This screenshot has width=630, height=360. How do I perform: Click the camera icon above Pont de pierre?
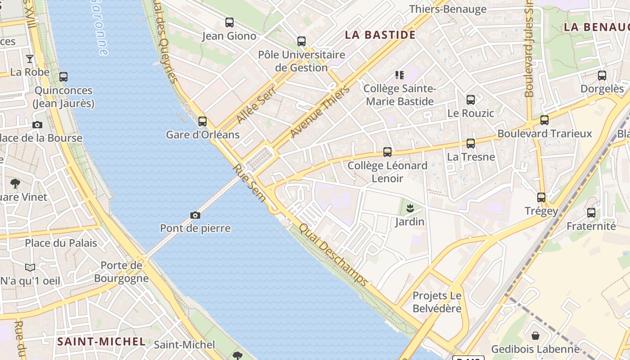click(195, 216)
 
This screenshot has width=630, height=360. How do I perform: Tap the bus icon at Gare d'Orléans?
click(202, 121)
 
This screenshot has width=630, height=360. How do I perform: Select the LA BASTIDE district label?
click(380, 35)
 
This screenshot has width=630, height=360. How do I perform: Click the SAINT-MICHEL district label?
click(101, 342)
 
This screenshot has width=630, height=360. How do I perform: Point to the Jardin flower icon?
click(410, 208)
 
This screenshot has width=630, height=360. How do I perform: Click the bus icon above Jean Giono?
click(229, 22)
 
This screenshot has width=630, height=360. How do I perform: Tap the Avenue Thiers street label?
click(320, 112)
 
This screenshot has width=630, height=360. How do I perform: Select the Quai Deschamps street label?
click(333, 255)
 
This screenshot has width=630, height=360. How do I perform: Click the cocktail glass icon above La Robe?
click(30, 58)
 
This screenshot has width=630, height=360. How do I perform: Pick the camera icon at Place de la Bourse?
click(37, 125)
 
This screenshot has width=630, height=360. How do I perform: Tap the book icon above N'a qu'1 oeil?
click(30, 268)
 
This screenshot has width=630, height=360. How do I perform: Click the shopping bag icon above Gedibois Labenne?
click(535, 336)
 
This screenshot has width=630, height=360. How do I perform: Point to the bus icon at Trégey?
click(541, 197)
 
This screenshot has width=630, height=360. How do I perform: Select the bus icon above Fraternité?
click(591, 213)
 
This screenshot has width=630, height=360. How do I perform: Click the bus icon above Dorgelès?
click(602, 76)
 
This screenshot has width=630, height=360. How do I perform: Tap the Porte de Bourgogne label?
click(121, 272)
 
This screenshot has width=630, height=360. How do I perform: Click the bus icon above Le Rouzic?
click(471, 100)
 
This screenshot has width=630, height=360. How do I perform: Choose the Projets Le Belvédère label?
click(437, 302)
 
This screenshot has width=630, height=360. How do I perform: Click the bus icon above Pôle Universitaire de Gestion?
click(301, 41)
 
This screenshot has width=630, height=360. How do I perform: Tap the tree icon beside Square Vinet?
click(15, 184)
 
